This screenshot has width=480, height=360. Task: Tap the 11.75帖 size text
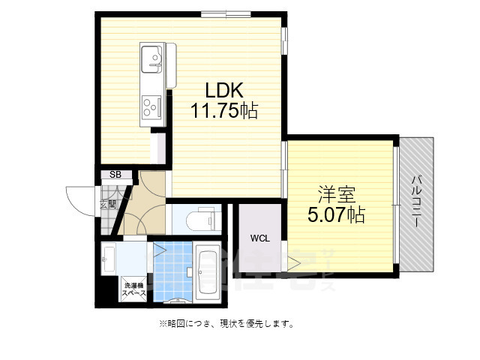coord(223,112)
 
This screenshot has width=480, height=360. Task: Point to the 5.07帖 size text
coord(334,216)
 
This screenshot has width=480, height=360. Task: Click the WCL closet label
coord(259,238)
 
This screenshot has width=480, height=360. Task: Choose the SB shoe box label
coord(115,175)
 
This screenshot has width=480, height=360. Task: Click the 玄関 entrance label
coord(109,203)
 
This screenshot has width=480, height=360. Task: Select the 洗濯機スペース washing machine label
coord(135,289)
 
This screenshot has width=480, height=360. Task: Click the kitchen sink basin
coord(153,58)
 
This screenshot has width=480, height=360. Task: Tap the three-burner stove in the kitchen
coord(151,108)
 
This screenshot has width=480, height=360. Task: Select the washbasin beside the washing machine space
coord(109,259)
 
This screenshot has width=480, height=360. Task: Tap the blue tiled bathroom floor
coord(171,270)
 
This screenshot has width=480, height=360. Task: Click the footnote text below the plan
coord(225,324)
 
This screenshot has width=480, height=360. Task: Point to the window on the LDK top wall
coord(225,13)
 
